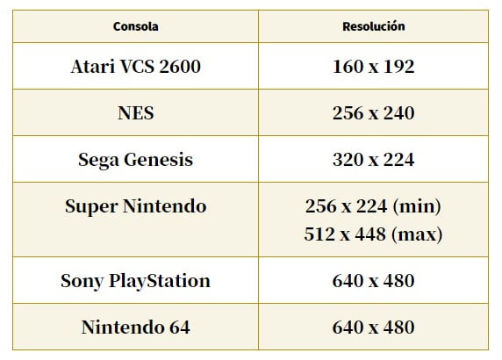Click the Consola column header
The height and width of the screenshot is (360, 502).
point(135,26)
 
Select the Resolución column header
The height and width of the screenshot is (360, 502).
point(374,26)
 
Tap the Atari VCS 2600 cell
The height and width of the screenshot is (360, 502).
point(135,67)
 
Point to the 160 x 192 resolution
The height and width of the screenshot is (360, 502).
point(374,67)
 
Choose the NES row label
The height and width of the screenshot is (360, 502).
point(136,113)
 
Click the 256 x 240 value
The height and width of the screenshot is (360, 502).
point(374,113)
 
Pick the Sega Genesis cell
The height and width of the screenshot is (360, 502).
point(135,160)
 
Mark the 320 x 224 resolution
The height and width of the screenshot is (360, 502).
point(374,160)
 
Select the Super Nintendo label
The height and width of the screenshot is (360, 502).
point(136,206)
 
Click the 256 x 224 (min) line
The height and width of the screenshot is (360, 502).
point(373,206)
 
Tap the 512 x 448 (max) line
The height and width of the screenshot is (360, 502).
point(373,234)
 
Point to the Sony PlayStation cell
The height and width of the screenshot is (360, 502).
point(135,281)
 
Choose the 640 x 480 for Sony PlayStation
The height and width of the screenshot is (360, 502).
point(374,281)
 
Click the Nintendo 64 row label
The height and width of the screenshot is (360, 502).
point(136,328)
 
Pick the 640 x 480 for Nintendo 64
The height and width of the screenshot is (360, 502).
point(374,328)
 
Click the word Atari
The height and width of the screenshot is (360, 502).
point(93,67)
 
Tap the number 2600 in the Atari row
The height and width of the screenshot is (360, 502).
point(180,67)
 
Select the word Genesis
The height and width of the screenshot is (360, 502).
point(159,160)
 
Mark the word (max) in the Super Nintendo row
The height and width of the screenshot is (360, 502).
point(417,234)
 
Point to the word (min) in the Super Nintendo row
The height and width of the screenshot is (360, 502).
point(417,206)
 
